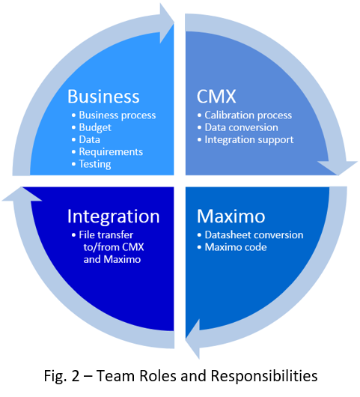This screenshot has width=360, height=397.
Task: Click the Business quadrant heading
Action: [103, 97]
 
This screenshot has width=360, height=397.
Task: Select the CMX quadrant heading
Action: [216, 97]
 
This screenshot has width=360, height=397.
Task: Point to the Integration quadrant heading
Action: [113, 216]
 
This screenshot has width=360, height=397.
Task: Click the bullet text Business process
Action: [117, 115]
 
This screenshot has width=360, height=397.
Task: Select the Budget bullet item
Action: [95, 127]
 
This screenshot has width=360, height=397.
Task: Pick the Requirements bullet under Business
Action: [111, 151]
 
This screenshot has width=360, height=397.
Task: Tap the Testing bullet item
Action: [95, 163]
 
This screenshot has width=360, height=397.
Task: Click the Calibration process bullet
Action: [248, 115]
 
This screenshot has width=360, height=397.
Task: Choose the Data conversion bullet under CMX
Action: [241, 127]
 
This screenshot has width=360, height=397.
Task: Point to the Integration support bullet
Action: [249, 139]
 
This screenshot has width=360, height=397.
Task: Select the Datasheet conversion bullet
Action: [254, 235]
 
